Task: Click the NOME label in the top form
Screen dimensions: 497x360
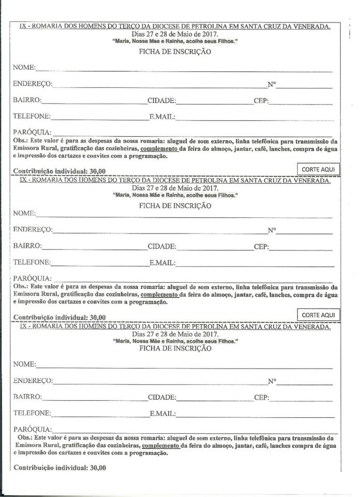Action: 24,67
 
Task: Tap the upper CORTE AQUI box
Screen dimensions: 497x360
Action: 318,169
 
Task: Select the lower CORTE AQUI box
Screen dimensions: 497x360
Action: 318,315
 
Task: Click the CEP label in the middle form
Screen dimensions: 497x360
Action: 261,247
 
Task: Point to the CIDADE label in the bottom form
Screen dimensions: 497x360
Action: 162,398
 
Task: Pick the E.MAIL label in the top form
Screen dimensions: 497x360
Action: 162,116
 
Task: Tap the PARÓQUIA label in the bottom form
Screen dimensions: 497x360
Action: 33,429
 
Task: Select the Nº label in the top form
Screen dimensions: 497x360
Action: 272,84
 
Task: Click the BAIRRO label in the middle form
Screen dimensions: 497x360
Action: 27,246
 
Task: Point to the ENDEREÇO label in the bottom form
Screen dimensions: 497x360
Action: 33,381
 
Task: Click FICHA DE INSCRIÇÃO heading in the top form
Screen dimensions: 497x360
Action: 175,52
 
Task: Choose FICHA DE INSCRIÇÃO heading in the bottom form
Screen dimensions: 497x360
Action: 175,349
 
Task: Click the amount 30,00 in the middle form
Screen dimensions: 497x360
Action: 98,317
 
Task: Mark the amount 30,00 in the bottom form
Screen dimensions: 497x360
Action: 98,467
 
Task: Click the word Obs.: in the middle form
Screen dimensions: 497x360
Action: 21,286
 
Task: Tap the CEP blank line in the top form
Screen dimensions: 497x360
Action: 301,104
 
